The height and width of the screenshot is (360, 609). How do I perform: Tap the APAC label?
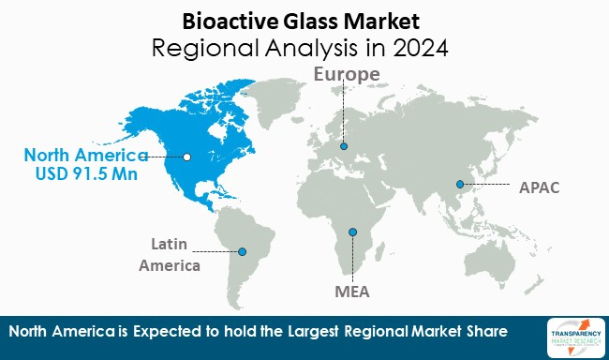tap(539, 187)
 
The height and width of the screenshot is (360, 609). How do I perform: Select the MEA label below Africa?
tap(352, 292)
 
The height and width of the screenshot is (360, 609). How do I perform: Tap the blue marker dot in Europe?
tap(344, 146)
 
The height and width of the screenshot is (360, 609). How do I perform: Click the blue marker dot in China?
tap(460, 185)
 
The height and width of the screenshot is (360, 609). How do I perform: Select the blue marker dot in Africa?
tap(353, 232)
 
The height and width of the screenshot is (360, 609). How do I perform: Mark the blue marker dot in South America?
tap(243, 251)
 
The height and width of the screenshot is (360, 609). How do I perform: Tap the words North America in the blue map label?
tap(87, 155)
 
